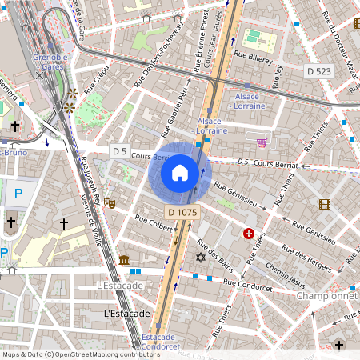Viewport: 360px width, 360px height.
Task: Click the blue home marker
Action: coord(180,173)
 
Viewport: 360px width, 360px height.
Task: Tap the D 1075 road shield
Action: coord(182,212)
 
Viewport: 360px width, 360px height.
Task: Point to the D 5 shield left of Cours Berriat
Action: coord(120,151)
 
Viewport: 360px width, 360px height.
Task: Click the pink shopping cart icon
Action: coord(262,142)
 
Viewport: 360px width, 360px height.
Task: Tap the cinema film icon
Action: coord(324,204)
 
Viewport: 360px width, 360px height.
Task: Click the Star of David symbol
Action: coord(200,258)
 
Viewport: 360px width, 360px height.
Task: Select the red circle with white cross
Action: coord(248,234)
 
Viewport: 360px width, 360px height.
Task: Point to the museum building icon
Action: coord(124,260)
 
